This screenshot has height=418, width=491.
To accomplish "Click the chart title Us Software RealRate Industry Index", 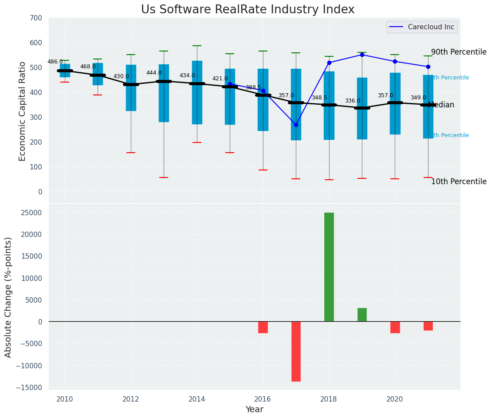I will point(247,10).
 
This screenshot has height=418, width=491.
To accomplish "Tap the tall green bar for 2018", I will point(329,267).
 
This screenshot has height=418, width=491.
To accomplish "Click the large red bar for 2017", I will point(296,351).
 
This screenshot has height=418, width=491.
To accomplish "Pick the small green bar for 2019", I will point(362,315).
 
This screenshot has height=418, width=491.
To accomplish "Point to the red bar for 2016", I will point(263,327).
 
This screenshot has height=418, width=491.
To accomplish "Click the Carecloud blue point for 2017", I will point(296,125).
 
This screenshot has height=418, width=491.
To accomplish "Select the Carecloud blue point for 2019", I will point(362,55).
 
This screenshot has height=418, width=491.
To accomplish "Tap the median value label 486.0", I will point(55,62).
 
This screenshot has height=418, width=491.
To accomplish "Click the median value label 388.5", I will point(253,88).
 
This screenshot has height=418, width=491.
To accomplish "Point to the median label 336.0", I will point(353,101).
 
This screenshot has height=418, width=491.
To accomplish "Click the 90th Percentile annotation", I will point(459,52).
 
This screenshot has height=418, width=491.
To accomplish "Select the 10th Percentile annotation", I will point(459,182).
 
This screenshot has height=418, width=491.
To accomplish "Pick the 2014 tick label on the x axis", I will point(197,399).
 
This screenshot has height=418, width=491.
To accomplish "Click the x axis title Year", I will point(254,410).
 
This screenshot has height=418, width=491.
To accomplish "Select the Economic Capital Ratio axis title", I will point(23,110).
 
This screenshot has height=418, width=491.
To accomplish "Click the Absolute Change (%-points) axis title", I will point(8,297).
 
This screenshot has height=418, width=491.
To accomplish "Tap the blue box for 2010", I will point(65,71).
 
